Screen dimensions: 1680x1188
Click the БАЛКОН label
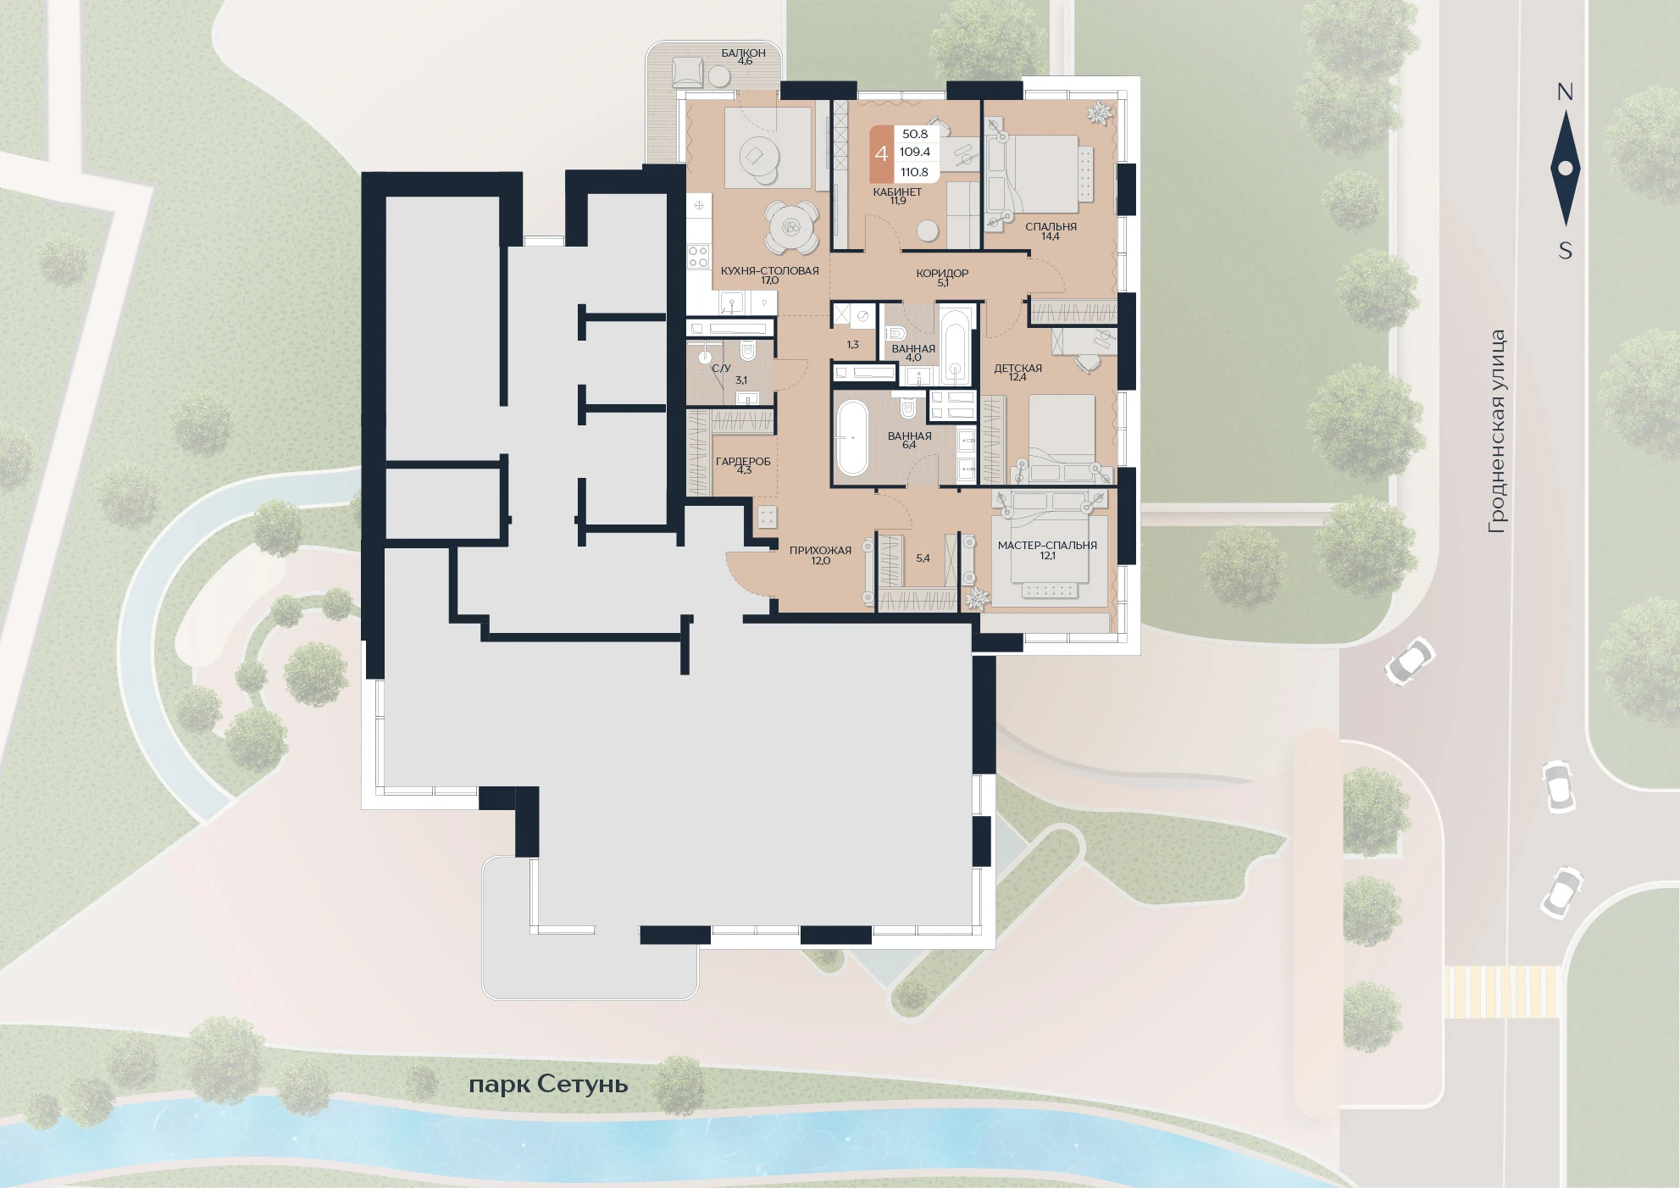tap(743, 53)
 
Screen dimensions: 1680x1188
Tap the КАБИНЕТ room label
tap(897, 192)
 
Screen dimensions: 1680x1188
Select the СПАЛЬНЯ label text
tap(1051, 226)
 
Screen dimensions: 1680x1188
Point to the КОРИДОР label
tap(942, 273)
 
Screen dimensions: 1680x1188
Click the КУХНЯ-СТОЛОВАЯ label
tap(769, 270)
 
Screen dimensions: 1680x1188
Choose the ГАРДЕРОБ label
tap(743, 461)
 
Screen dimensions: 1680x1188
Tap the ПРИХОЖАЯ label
tap(820, 550)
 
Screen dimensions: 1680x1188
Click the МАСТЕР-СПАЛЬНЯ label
tap(1047, 545)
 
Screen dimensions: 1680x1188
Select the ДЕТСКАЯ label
tap(1017, 368)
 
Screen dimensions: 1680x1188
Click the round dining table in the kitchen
tap(791, 227)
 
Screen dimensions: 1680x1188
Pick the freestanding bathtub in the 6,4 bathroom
tap(852, 437)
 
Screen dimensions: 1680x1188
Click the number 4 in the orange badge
tap(881, 153)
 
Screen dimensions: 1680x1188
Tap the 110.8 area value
tap(914, 172)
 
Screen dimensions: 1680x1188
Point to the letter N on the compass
tap(1565, 92)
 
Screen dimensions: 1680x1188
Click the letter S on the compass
tap(1565, 250)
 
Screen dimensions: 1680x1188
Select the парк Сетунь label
tap(548, 1084)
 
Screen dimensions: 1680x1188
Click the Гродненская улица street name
tap(1497, 431)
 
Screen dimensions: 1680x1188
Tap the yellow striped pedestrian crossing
tap(1501, 991)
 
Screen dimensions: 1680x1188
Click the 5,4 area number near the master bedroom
tap(923, 558)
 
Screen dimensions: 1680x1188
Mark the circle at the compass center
tap(1566, 169)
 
